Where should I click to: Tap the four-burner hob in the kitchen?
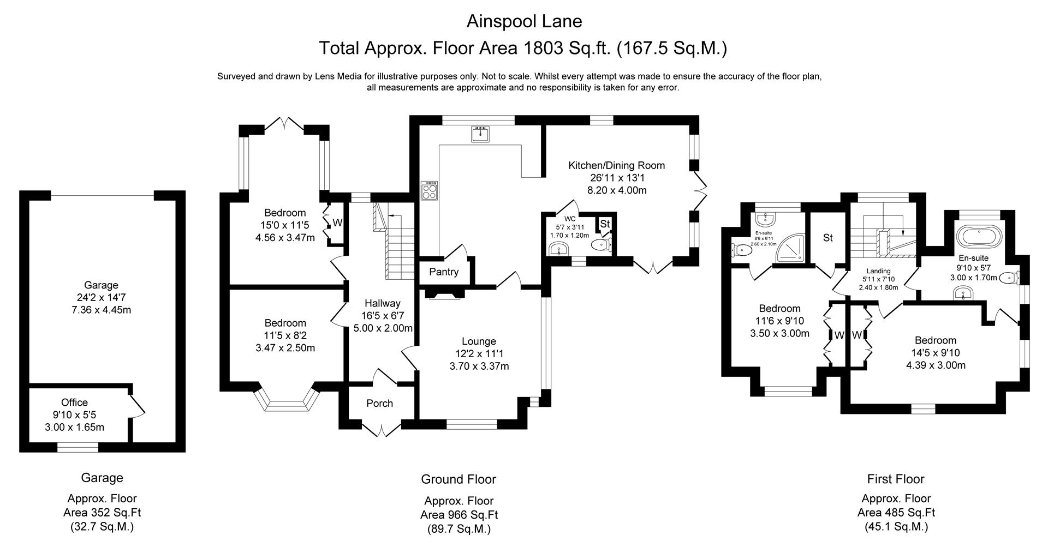pos(429,191)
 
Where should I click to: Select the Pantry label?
pos(444,272)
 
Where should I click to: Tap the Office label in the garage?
pos(74,402)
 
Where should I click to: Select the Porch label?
pos(379,403)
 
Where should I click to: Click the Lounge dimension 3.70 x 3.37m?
pos(479,366)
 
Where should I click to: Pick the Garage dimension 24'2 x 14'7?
pos(101,298)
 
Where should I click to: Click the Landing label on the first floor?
pos(878,271)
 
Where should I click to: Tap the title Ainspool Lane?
pos(524,21)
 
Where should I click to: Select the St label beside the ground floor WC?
pos(605,224)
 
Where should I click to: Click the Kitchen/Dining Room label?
pos(617,165)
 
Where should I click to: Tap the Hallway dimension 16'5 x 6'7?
pos(382,316)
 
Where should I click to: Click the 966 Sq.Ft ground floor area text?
pos(458,515)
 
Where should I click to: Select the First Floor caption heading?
pos(895,479)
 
